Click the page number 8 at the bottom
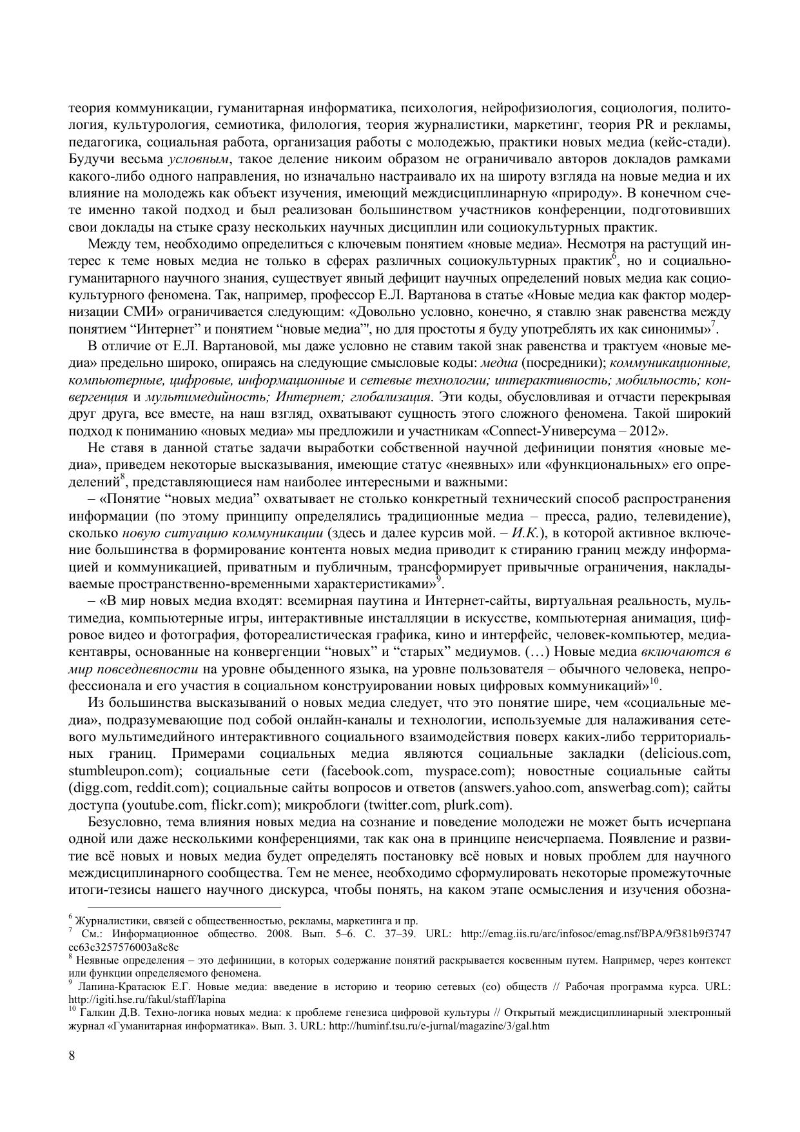click(x=72, y=1055)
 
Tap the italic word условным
click(x=197, y=159)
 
